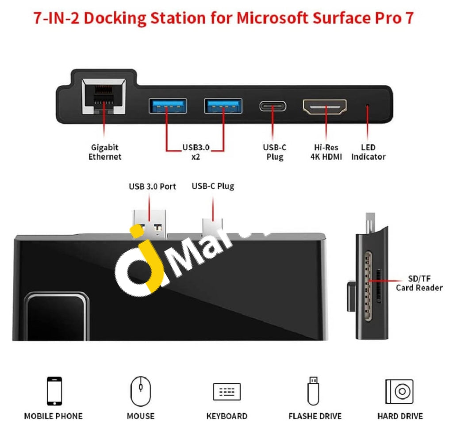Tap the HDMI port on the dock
click(x=325, y=107)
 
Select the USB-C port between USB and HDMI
click(x=272, y=107)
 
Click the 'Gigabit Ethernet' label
click(x=104, y=152)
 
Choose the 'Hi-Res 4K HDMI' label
click(x=326, y=152)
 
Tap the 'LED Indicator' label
click(x=368, y=152)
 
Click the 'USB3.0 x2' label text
click(x=196, y=152)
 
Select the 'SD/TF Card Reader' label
click(x=418, y=283)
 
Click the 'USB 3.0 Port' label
click(x=152, y=187)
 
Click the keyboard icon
click(x=226, y=392)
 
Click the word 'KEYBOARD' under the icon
click(x=226, y=416)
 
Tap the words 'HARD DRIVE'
click(x=399, y=416)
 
